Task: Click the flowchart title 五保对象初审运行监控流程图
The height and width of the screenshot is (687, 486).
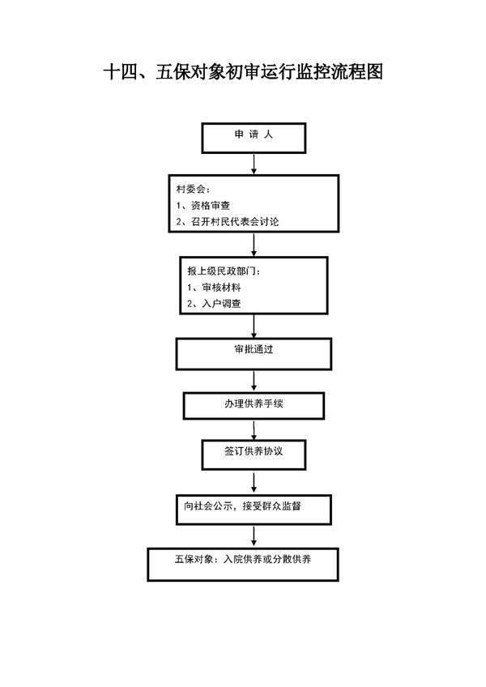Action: (x=243, y=72)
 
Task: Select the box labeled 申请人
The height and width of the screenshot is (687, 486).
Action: (x=254, y=138)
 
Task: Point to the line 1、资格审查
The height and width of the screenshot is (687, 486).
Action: (x=202, y=206)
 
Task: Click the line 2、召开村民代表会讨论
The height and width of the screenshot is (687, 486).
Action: (x=228, y=222)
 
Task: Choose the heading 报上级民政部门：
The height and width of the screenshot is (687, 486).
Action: (x=224, y=271)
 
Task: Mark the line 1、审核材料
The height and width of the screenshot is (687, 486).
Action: (x=214, y=288)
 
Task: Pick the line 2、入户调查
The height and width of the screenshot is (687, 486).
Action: (x=214, y=304)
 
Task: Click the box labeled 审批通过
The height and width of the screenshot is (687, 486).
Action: (x=254, y=354)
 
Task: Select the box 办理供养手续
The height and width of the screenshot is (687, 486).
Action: (x=254, y=406)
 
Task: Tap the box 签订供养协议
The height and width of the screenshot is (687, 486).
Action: (x=254, y=454)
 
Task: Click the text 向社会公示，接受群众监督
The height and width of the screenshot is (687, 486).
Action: (x=242, y=506)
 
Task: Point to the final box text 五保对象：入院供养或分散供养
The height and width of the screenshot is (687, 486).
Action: (x=243, y=560)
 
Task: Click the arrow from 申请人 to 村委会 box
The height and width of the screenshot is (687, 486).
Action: (x=254, y=164)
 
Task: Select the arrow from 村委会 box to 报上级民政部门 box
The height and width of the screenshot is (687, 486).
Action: (x=254, y=245)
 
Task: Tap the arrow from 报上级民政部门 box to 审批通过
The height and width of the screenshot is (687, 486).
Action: (x=254, y=326)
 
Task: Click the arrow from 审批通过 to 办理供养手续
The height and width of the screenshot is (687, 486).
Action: (x=254, y=381)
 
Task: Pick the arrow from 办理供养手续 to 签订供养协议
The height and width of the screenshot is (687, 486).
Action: (x=254, y=430)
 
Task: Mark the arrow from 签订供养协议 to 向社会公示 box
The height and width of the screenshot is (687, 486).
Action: (x=254, y=482)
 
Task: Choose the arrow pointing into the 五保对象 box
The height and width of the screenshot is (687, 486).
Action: (x=254, y=536)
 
